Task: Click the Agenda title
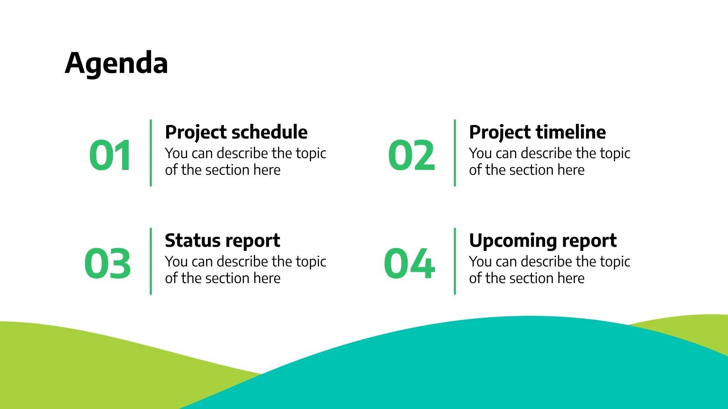pyautogui.click(x=116, y=63)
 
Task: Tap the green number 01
pyautogui.click(x=111, y=155)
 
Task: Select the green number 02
pyautogui.click(x=411, y=155)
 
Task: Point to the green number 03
pyautogui.click(x=108, y=264)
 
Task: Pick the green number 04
pyautogui.click(x=409, y=264)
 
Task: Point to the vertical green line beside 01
pyautogui.click(x=151, y=153)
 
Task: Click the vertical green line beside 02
pyautogui.click(x=455, y=153)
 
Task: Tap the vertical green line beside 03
pyautogui.click(x=151, y=261)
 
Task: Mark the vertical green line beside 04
pyautogui.click(x=455, y=261)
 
